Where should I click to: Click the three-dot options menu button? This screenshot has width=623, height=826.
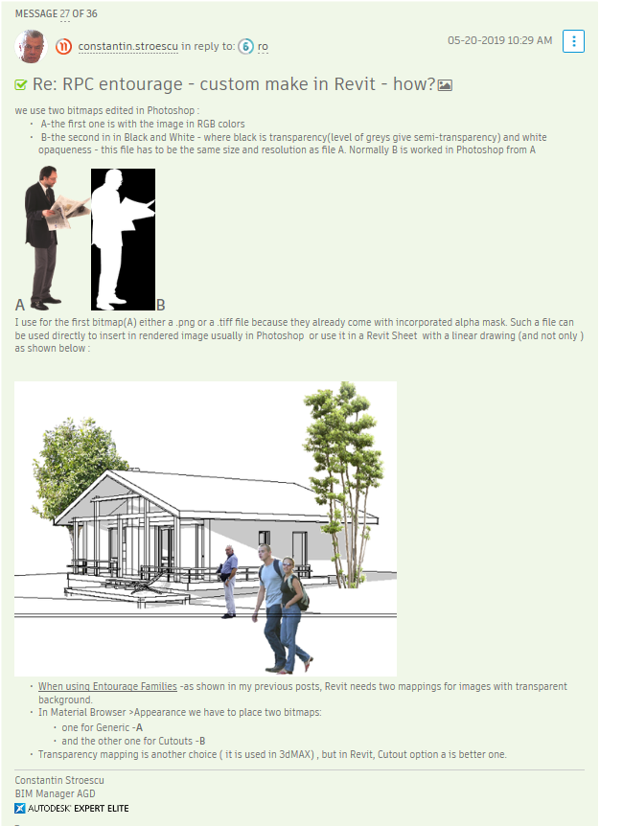(x=573, y=41)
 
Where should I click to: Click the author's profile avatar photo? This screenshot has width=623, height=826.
(x=31, y=46)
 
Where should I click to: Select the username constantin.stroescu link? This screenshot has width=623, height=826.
(x=128, y=46)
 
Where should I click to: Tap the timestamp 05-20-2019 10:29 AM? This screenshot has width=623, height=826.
(x=499, y=40)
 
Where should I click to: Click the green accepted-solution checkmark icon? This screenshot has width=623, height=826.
(x=20, y=84)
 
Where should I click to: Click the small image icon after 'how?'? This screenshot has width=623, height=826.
(x=445, y=85)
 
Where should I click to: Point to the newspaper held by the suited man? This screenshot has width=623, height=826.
(x=66, y=211)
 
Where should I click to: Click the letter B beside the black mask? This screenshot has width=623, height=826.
(x=161, y=305)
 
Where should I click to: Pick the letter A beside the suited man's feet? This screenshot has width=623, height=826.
(x=20, y=305)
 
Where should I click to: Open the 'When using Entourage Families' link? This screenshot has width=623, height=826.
(x=107, y=686)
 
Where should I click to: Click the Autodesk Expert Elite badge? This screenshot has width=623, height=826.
(x=72, y=808)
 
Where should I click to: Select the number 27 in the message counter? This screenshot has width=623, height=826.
(x=65, y=13)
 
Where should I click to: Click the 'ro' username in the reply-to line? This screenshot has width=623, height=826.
(x=263, y=46)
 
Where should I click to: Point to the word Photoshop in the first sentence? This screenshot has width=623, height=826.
(x=171, y=110)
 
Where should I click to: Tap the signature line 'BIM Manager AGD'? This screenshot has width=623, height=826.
(x=55, y=793)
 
